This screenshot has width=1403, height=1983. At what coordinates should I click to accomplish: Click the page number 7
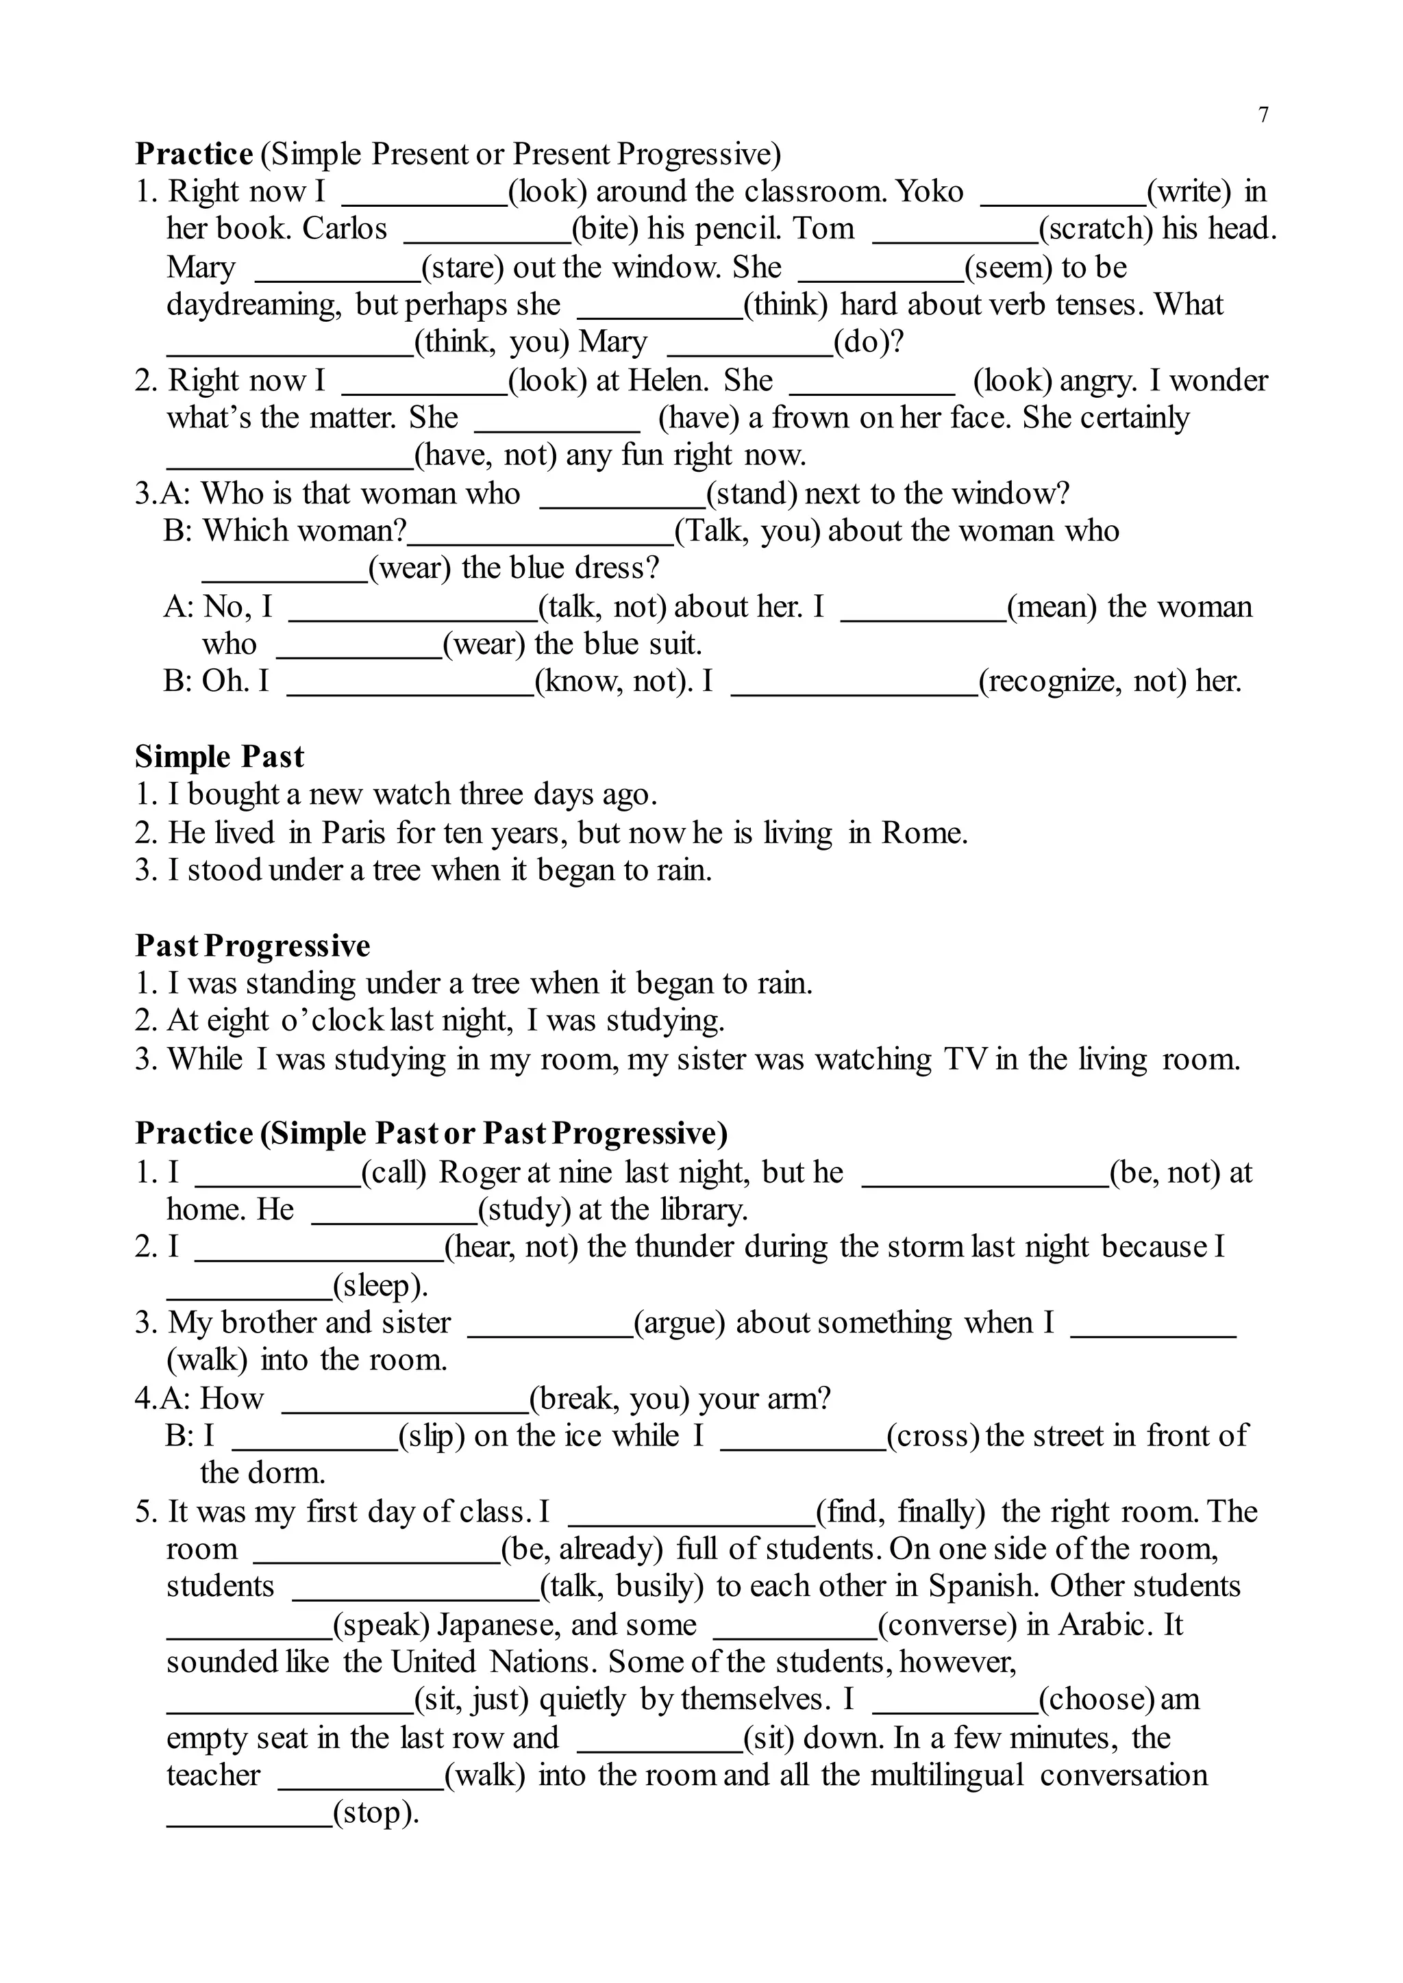tap(1264, 115)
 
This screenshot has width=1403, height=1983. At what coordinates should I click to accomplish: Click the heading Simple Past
tap(219, 757)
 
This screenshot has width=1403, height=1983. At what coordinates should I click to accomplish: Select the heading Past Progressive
tap(252, 946)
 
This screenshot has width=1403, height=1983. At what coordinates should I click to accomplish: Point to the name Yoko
tap(930, 191)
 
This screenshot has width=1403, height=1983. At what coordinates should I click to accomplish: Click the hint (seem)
tap(1008, 267)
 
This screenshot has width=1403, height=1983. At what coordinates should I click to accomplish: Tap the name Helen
tap(668, 380)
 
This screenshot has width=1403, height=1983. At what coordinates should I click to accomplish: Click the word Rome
tap(923, 833)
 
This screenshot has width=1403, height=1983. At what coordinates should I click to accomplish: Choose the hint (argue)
tap(679, 1323)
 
